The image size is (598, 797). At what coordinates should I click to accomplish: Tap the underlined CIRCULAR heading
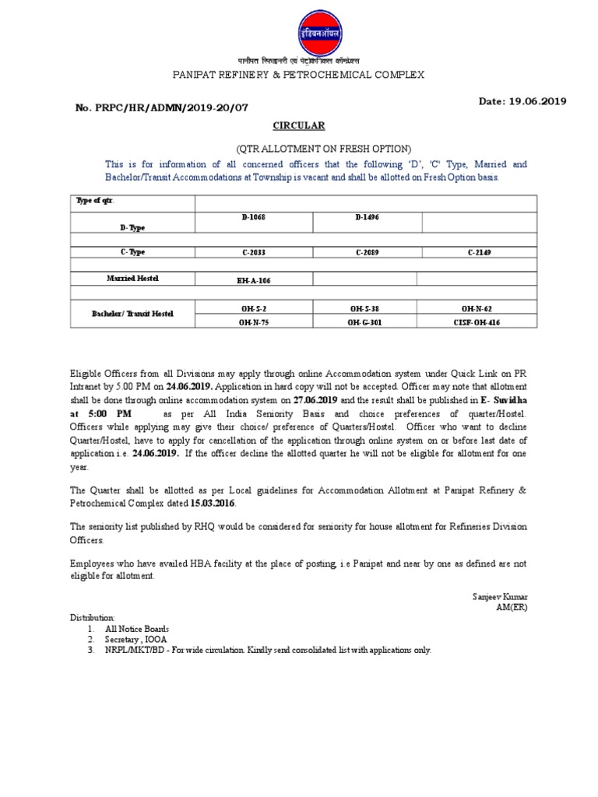(298, 125)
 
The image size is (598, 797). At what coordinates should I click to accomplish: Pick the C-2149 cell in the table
(480, 252)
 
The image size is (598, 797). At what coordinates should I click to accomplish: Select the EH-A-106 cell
(254, 279)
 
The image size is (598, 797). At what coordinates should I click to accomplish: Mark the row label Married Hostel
(132, 278)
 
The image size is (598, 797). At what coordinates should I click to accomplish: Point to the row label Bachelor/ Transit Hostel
(132, 314)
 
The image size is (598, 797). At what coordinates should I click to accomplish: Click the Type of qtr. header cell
(94, 201)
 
